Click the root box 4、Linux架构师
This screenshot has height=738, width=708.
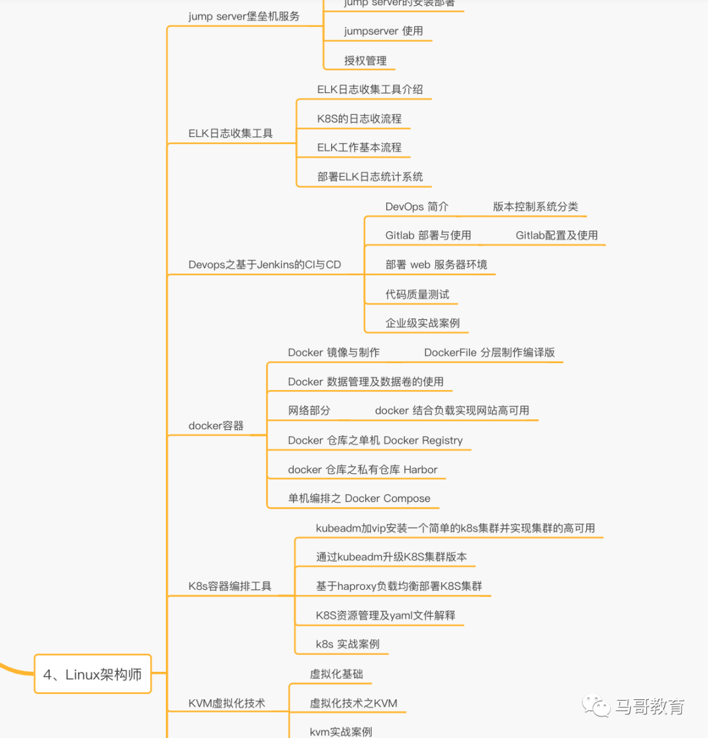click(x=92, y=674)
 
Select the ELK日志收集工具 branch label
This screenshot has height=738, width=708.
click(x=230, y=133)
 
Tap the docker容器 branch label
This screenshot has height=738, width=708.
click(x=216, y=425)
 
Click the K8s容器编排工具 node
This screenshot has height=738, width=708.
click(x=229, y=586)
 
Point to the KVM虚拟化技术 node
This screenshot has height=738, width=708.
click(x=226, y=703)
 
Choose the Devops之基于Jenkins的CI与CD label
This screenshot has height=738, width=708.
click(x=264, y=265)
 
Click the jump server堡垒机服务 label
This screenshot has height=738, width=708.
click(x=244, y=16)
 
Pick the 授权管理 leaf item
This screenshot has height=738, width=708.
click(x=365, y=60)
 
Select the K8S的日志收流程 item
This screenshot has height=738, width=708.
click(x=359, y=119)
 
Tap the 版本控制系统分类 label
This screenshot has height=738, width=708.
click(x=535, y=206)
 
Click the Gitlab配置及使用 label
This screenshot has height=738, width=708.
click(x=557, y=235)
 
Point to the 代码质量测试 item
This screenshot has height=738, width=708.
click(x=417, y=294)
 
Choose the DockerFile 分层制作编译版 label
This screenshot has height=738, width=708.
click(x=489, y=353)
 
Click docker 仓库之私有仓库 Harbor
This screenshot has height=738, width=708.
click(x=363, y=469)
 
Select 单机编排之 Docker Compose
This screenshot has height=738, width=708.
click(x=359, y=498)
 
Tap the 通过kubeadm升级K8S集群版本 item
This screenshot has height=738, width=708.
click(x=391, y=557)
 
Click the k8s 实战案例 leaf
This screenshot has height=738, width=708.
click(x=347, y=644)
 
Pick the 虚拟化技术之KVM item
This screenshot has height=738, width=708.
click(x=353, y=703)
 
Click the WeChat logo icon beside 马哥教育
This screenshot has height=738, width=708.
click(x=596, y=706)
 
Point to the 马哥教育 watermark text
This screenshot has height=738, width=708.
click(x=650, y=707)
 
